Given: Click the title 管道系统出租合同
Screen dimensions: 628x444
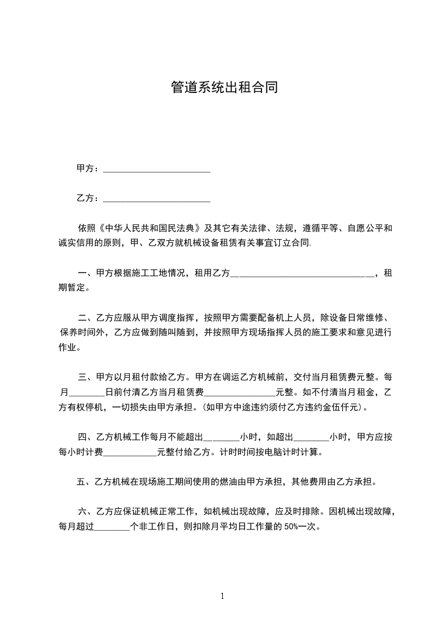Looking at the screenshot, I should [x=223, y=88].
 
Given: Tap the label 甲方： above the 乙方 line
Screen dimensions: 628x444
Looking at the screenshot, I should [x=88, y=168].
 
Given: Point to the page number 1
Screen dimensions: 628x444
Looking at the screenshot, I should [x=222, y=596].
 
